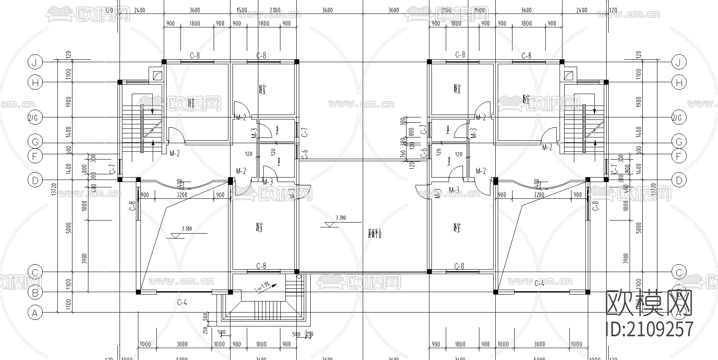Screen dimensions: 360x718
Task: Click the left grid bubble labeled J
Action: coord(35,62)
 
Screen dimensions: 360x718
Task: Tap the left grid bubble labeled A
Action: coord(35,313)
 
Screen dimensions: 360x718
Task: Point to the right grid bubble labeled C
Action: coord(679,272)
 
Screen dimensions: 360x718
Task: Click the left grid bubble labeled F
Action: coord(35,156)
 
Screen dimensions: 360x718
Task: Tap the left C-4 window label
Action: coord(182,303)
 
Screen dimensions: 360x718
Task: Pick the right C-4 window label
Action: coord(539,283)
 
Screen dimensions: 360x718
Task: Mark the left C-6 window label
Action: coord(305,154)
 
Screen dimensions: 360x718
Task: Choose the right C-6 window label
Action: coord(424,153)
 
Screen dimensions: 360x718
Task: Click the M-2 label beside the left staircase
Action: coord(175,153)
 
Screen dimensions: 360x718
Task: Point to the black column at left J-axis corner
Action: coord(164,62)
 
